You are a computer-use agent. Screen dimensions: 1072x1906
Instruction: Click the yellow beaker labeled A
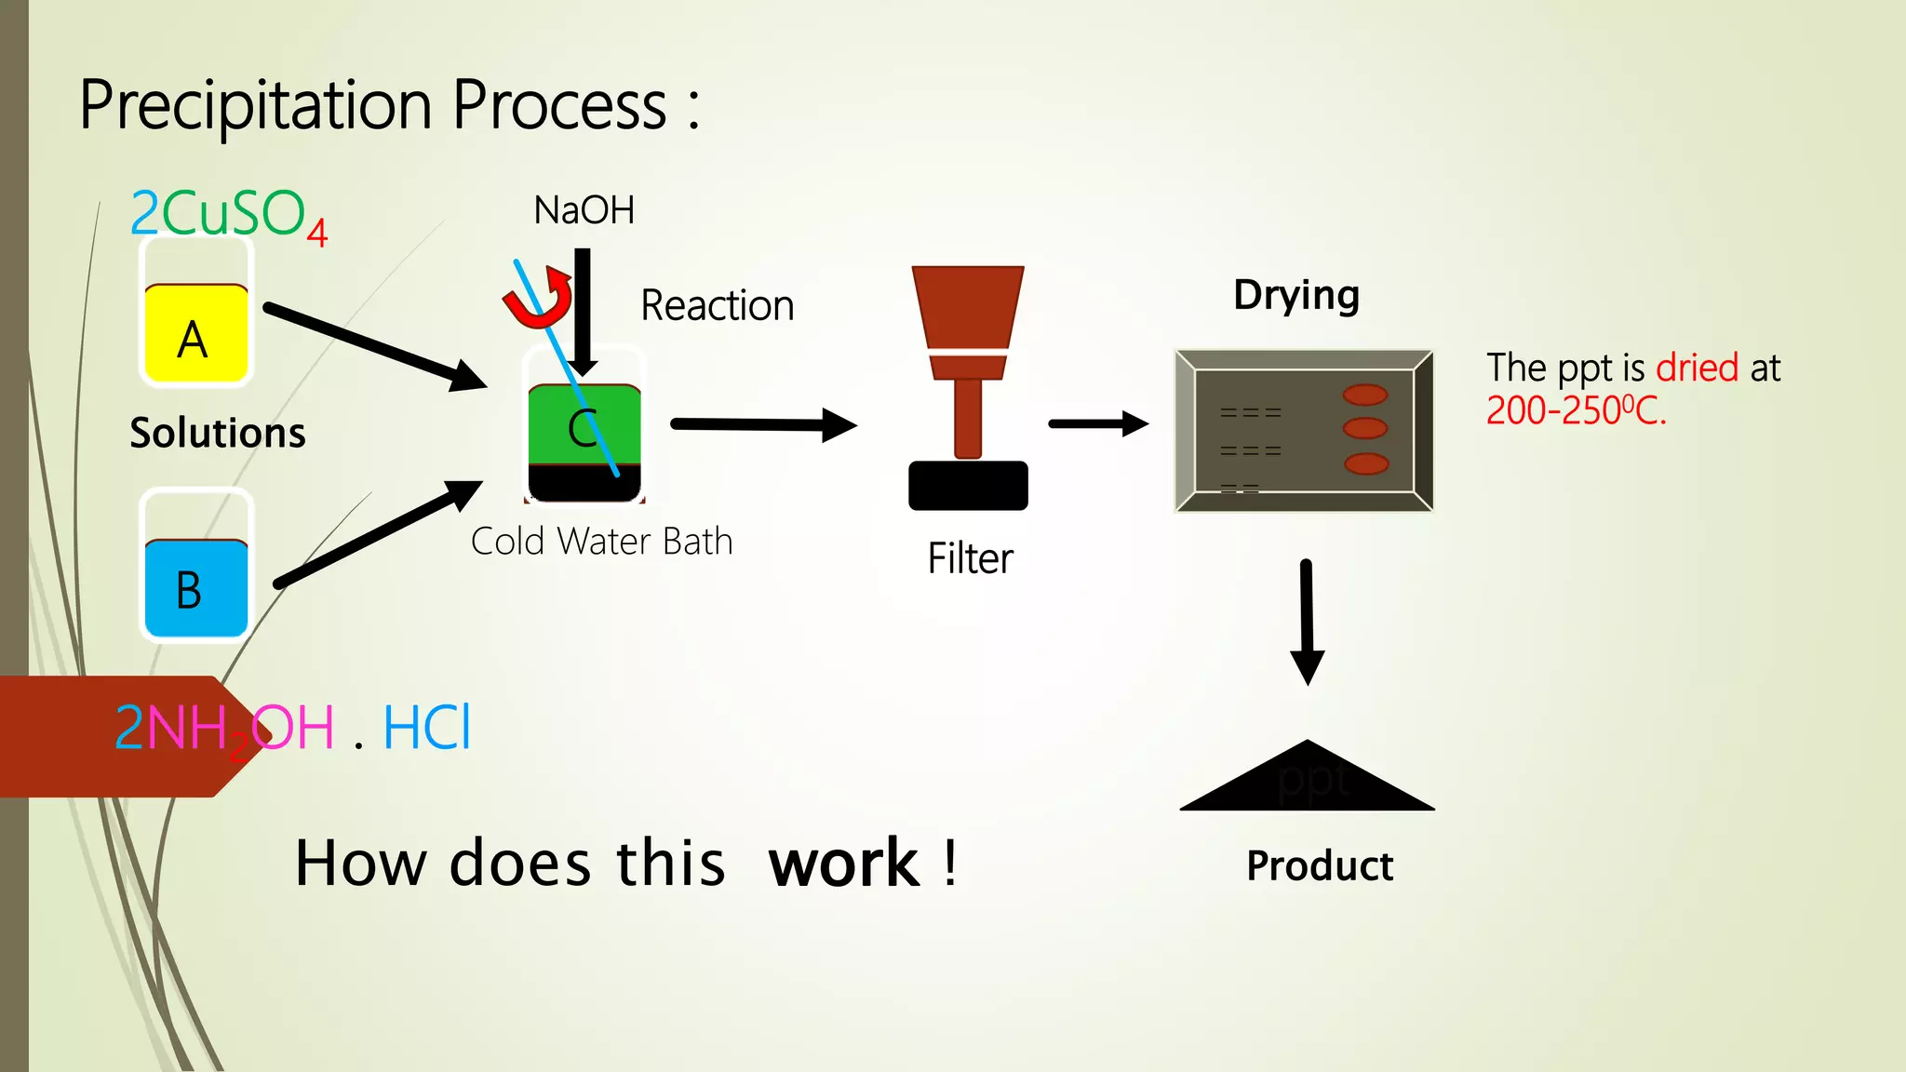point(195,333)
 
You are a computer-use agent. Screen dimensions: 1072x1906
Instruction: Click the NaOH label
point(584,210)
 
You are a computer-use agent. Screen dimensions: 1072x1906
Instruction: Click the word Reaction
point(717,306)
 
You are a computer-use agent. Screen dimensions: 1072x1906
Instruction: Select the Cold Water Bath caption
point(601,542)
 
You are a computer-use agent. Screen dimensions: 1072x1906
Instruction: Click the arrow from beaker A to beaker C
point(372,345)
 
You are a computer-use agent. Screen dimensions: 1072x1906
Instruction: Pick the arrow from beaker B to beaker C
point(377,535)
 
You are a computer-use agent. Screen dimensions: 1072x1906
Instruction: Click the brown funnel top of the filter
point(968,307)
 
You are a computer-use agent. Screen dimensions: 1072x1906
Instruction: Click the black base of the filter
point(968,486)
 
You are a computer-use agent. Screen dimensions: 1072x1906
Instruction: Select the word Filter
point(970,559)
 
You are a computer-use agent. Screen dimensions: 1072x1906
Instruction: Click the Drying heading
point(1296,296)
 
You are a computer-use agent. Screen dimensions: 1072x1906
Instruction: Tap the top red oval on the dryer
point(1364,395)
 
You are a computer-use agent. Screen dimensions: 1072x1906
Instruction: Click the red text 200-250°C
point(1576,410)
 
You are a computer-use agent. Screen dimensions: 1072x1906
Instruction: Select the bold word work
point(843,864)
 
